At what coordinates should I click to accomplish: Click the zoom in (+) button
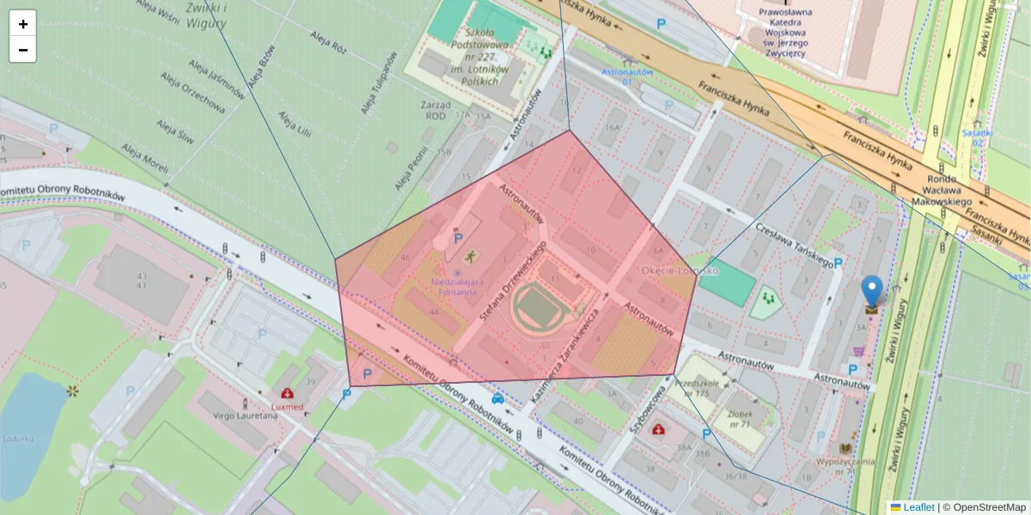pos(23,24)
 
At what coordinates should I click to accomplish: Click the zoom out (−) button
pos(23,50)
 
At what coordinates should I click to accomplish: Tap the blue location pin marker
pos(871,293)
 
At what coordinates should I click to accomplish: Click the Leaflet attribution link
pos(918,507)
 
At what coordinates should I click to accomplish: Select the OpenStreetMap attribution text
pos(989,507)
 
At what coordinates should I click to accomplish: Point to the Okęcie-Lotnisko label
pos(680,270)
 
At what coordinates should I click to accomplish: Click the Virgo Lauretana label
pos(246,415)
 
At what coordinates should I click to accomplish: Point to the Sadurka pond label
pos(17,439)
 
